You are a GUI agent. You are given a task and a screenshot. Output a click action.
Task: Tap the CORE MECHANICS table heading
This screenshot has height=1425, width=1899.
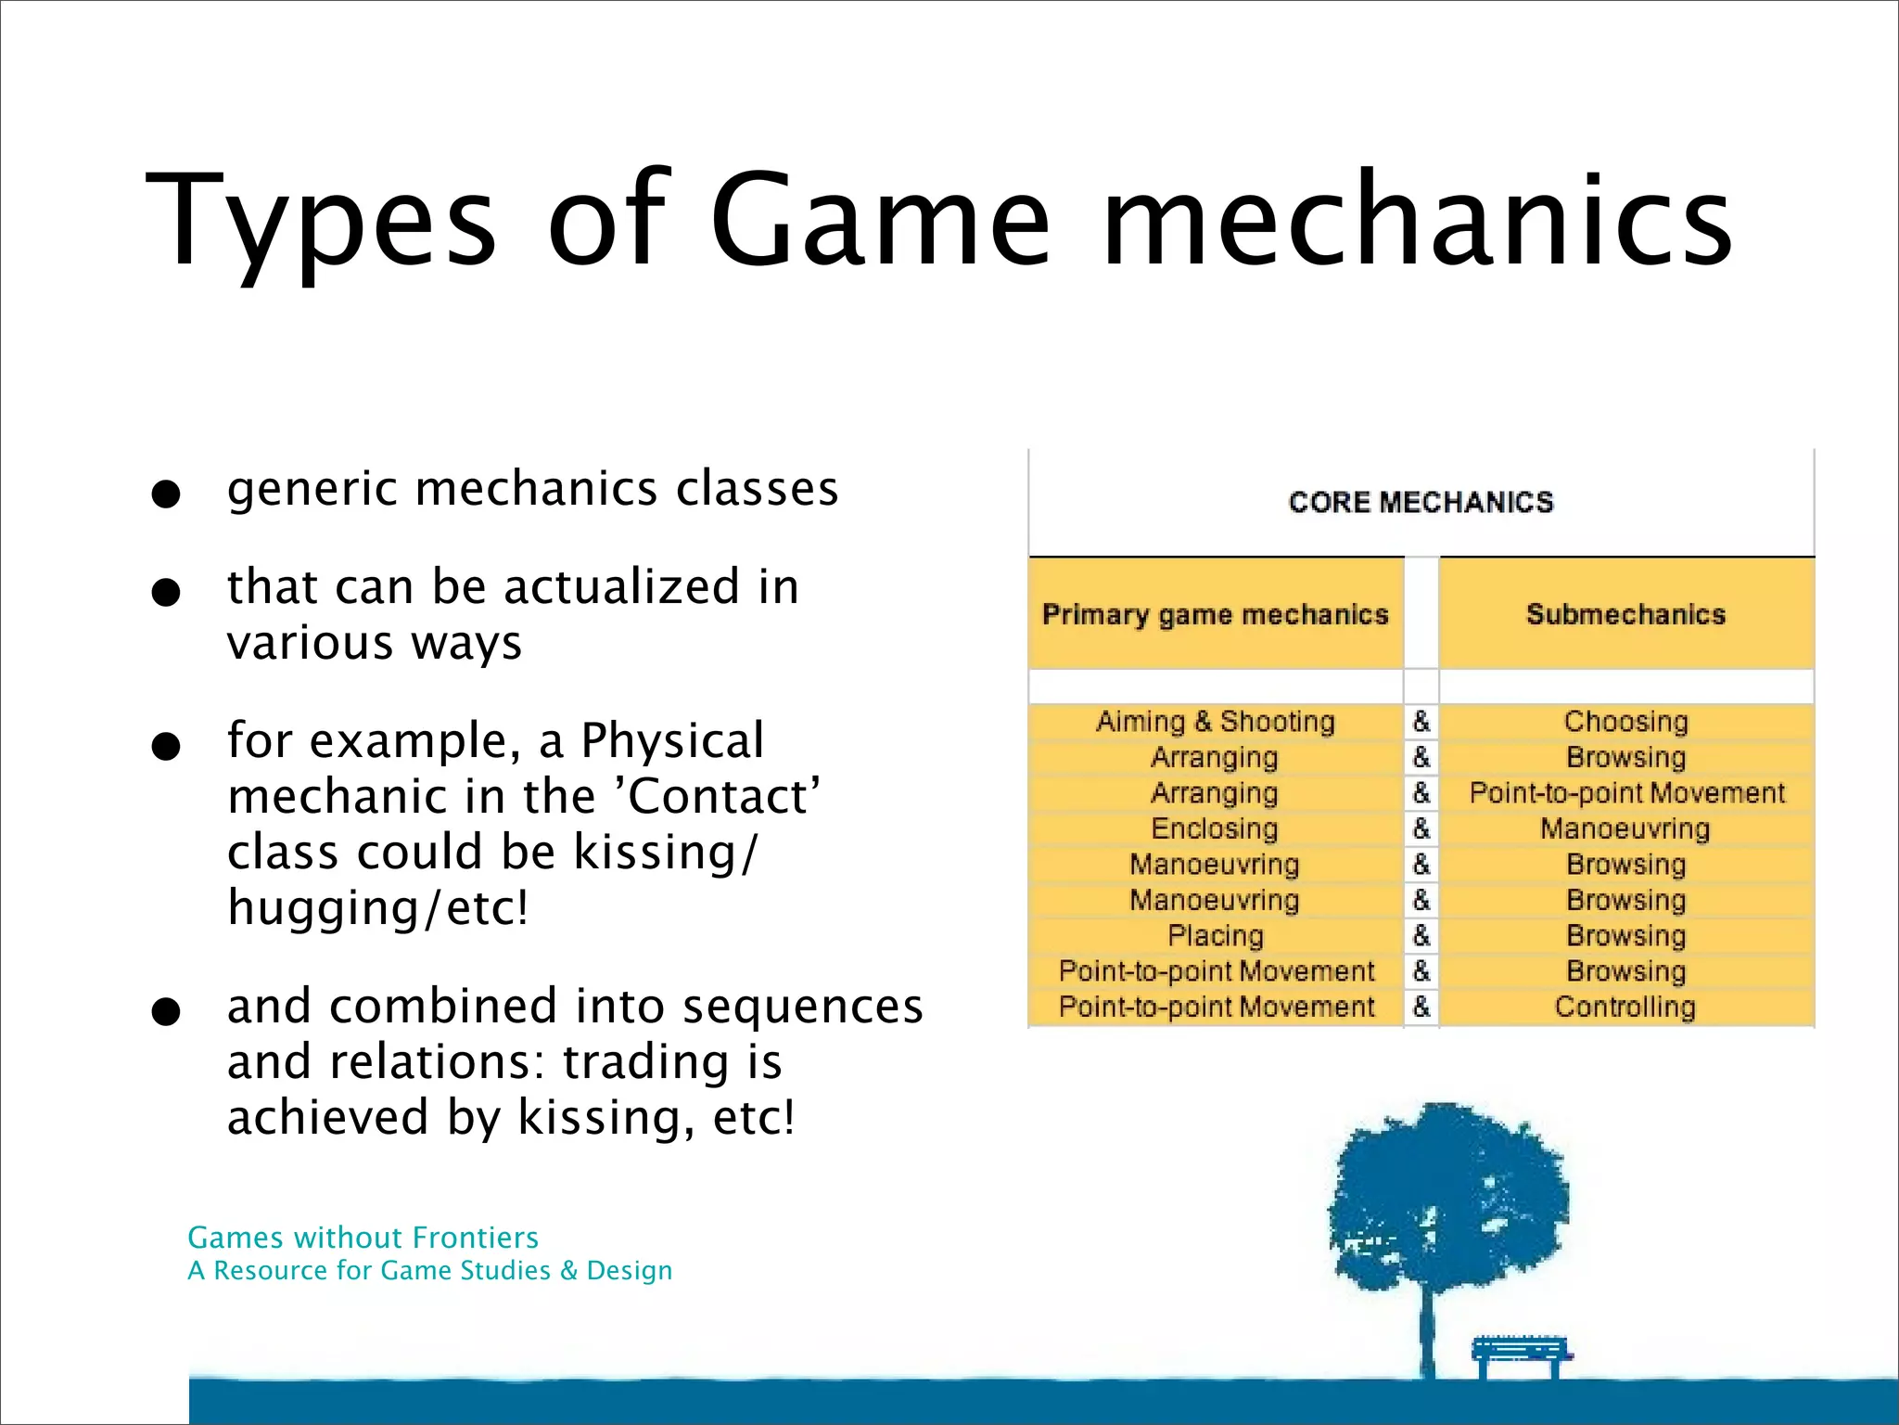coord(1421,502)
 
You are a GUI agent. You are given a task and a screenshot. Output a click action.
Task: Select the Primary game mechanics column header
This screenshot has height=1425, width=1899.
coord(1216,614)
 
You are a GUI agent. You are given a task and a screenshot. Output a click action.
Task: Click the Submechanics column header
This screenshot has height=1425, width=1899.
coord(1625,614)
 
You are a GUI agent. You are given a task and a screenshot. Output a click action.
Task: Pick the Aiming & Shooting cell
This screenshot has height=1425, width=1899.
coord(1216,722)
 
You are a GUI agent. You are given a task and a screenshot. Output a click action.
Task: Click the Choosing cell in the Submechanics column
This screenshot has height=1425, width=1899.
coord(1625,722)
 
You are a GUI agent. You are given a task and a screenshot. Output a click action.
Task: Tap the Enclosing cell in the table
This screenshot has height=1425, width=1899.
coord(1215,828)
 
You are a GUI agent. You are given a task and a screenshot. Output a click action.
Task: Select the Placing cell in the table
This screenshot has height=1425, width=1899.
coord(1216,935)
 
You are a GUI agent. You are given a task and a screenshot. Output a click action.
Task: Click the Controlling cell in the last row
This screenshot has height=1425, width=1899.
coord(1625,1007)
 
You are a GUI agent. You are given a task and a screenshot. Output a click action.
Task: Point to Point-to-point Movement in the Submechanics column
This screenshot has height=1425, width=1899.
coord(1626,793)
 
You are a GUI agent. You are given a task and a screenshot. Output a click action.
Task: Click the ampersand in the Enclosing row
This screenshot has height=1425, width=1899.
coord(1421,828)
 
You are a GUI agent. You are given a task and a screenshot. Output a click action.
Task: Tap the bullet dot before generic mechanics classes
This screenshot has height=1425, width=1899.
coord(166,494)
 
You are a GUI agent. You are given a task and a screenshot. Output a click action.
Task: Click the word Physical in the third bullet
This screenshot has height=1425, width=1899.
coord(672,740)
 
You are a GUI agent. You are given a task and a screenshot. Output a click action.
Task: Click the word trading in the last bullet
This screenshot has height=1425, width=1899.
coord(645,1061)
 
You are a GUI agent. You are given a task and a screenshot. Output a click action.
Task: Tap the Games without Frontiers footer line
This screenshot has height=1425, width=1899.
coord(363,1238)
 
